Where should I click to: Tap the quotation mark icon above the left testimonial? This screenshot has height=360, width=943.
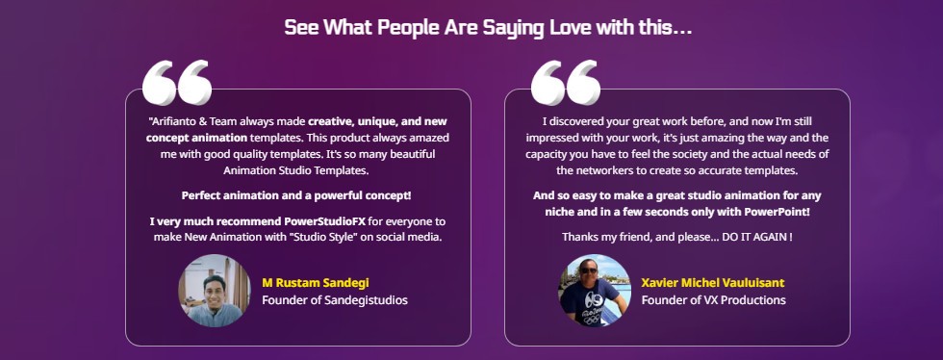point(177,82)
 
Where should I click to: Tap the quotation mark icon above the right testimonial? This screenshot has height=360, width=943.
point(566,82)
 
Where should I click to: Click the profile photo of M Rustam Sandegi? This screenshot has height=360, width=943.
point(214,291)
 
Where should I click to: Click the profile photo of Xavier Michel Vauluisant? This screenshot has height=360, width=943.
point(595,291)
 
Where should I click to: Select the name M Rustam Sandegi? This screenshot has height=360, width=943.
point(316,283)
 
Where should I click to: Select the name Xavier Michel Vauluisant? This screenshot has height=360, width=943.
point(713,283)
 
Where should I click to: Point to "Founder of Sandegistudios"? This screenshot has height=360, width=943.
point(335,299)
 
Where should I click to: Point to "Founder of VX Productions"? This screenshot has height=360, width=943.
point(713,299)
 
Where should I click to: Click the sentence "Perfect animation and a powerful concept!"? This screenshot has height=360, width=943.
point(296,195)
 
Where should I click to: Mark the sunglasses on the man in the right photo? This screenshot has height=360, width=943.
point(588,270)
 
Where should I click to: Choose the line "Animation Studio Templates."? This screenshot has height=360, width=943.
point(296,170)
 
